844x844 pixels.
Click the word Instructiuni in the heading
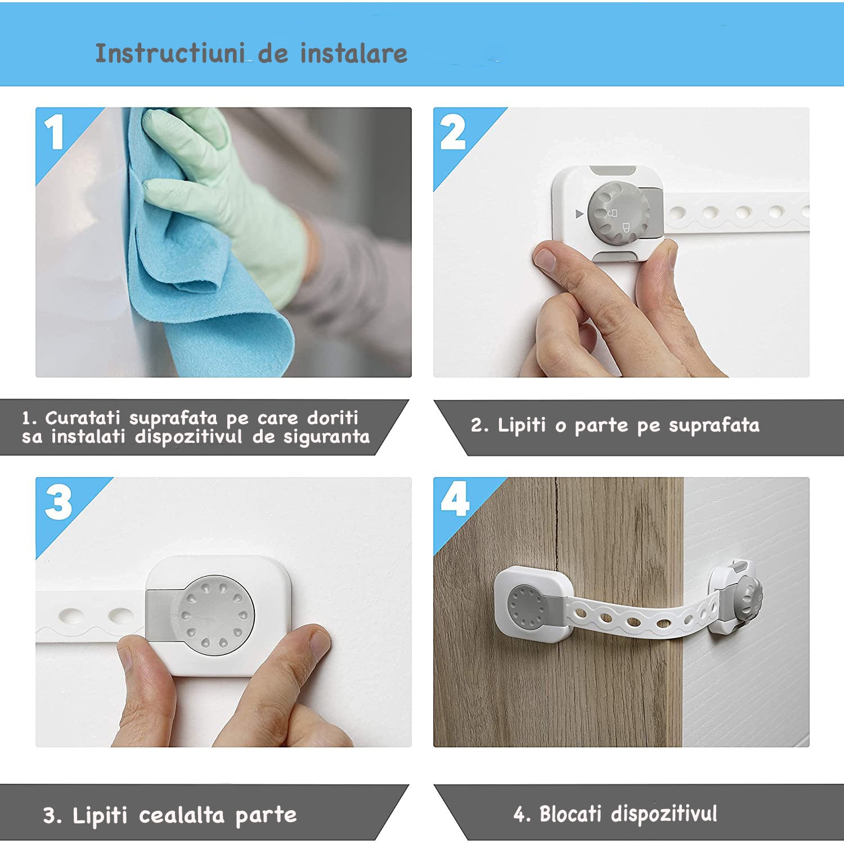pos(169,54)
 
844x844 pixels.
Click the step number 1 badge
pos(55,133)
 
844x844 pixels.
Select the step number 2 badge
pos(453,133)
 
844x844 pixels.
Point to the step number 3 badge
pos(59,502)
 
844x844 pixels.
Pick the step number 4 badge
pos(455,499)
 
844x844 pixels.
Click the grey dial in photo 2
pos(618,213)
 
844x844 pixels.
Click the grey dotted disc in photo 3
pos(216,615)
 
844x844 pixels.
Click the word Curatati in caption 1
pos(83,418)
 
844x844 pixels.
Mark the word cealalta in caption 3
pos(181,815)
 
